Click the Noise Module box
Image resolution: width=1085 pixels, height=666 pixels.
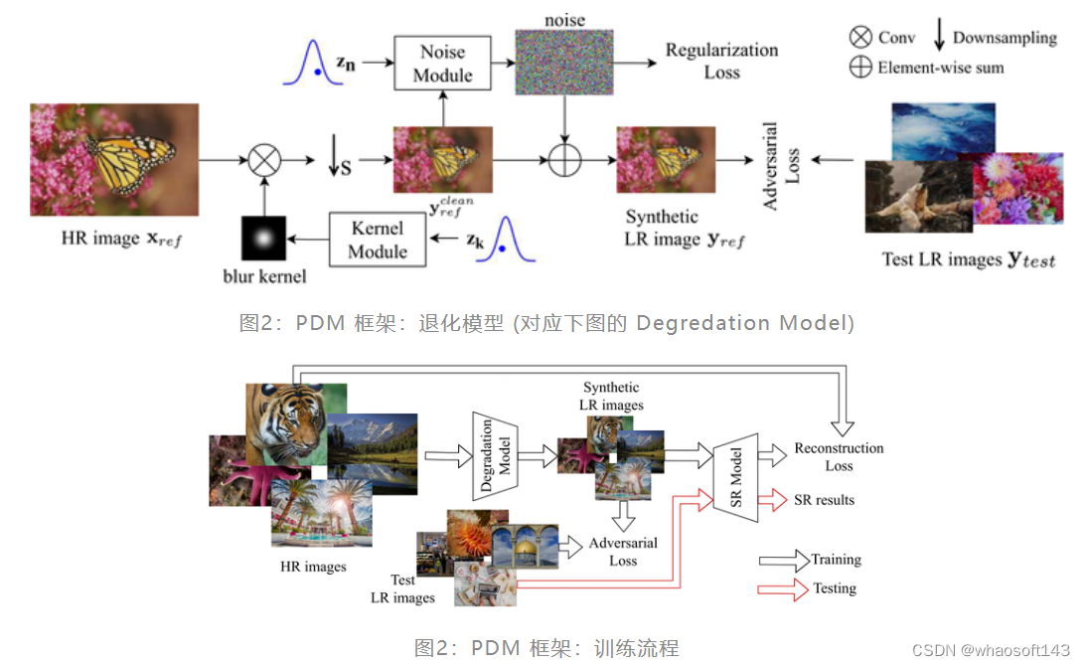click(443, 64)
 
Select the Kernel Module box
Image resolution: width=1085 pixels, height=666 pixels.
click(378, 240)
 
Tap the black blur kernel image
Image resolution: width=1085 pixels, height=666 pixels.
click(263, 239)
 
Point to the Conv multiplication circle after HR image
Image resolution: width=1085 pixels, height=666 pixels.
click(264, 159)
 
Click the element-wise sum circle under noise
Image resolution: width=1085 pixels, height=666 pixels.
click(564, 159)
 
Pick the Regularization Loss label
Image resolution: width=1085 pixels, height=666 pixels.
click(721, 61)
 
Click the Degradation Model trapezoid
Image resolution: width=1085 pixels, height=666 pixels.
click(496, 455)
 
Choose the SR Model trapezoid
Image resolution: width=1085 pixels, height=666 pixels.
click(736, 478)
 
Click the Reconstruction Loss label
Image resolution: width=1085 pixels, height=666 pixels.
click(839, 456)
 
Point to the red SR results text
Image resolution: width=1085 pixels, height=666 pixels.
click(824, 499)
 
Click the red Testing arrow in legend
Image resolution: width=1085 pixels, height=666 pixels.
click(783, 588)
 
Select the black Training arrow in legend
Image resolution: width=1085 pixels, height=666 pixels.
click(783, 560)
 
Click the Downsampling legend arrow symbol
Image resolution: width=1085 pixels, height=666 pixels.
click(939, 36)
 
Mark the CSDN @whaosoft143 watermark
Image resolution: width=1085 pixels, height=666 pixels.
click(1003, 649)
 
